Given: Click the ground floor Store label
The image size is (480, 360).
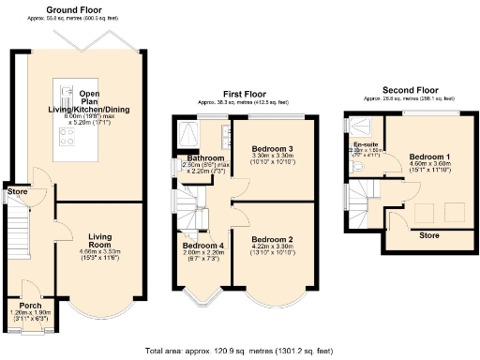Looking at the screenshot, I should click(x=18, y=192).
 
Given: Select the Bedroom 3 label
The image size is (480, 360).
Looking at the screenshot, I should click(x=271, y=149).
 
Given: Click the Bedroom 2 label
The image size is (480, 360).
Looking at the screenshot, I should click(x=271, y=239).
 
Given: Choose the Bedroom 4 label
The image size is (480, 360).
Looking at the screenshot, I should click(x=201, y=246).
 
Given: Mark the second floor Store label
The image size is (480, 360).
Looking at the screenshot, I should click(x=428, y=233).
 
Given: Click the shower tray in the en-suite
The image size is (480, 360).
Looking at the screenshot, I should click(x=353, y=128).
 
